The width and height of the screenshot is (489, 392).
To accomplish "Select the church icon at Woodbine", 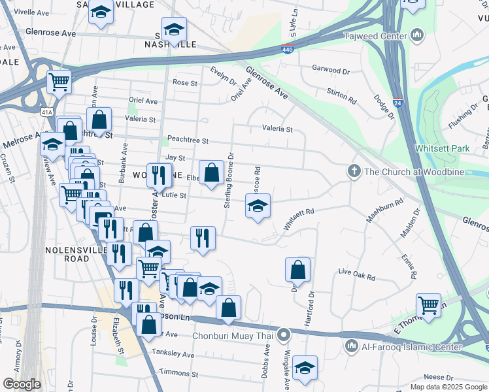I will pos(354,171).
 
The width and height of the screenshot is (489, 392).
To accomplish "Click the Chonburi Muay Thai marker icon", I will pos(283,336).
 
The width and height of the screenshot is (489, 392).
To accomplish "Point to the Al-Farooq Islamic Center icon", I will pos(351,344).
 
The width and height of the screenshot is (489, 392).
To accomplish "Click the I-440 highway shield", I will pos(288,48).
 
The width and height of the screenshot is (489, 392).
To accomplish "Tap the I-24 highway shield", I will pos(398,103).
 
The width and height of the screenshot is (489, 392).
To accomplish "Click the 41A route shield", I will pos(46,112).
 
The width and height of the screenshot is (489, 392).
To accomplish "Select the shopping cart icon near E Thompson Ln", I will pos(428,304).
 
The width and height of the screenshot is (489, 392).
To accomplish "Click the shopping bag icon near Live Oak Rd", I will pos(297,269).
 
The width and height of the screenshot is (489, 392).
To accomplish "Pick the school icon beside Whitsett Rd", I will pos(258,206).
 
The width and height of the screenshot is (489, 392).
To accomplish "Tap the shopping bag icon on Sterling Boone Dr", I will pos(211,173).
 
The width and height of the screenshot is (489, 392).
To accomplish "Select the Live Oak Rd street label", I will pos(356,274).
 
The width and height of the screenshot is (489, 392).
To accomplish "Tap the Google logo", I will pos(22,384).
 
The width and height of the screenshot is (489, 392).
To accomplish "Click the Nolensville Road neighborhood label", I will pos(68,254).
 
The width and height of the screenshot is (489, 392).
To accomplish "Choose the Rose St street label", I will pos(185,83).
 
